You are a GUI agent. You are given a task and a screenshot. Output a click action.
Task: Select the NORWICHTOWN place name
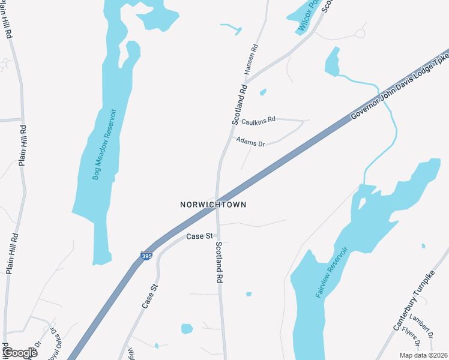pyautogui.click(x=213, y=205)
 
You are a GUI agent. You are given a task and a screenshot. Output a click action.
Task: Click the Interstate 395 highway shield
pyautogui.click(x=146, y=256)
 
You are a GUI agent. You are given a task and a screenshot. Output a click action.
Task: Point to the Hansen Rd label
pyautogui.click(x=251, y=59)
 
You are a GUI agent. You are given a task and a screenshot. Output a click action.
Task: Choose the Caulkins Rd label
pyautogui.click(x=258, y=121)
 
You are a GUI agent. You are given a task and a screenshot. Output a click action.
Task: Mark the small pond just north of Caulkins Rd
pyautogui.click(x=263, y=92)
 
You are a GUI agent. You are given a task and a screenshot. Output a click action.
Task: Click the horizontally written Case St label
pyautogui.click(x=199, y=236)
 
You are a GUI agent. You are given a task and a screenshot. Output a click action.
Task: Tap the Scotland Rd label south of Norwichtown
pyautogui.click(x=220, y=262)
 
